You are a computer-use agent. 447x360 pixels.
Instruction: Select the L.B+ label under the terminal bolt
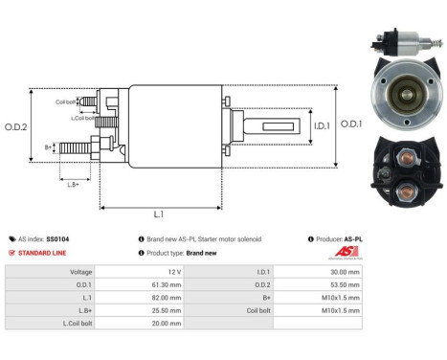[73, 183]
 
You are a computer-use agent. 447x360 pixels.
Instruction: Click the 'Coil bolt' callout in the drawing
[65, 101]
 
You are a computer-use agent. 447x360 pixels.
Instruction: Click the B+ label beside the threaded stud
[49, 147]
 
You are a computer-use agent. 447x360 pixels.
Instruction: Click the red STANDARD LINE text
[45, 253]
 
